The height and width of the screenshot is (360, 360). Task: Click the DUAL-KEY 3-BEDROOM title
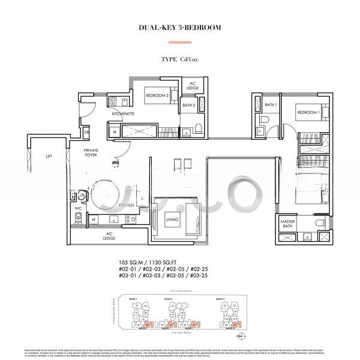point(179,27)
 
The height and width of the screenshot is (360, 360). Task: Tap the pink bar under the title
point(179,42)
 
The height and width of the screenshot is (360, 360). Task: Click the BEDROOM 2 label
point(157,94)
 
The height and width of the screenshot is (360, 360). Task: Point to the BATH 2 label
point(189,106)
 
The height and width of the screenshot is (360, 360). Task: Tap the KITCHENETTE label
point(123,113)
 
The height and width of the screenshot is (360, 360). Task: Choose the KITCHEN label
point(127,205)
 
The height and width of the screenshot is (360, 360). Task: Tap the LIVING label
point(172,220)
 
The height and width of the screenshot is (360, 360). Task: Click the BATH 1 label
point(270,105)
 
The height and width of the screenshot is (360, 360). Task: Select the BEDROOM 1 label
point(308,112)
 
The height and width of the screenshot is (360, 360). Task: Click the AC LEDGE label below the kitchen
point(110,236)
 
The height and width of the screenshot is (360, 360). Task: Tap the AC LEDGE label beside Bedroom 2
point(193,86)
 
